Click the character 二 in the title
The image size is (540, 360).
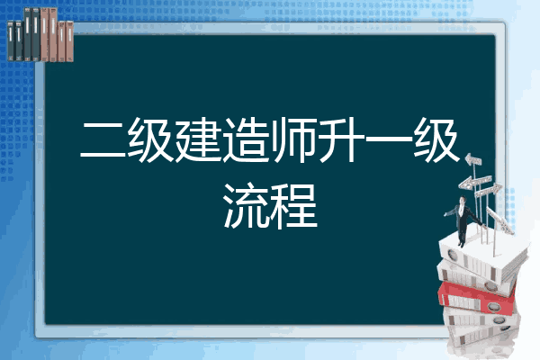(x=103, y=140)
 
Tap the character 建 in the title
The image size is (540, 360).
(x=198, y=139)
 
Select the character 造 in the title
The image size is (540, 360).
(x=246, y=139)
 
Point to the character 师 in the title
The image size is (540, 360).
(x=293, y=139)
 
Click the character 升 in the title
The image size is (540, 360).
(x=341, y=139)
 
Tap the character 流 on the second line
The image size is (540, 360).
(x=246, y=206)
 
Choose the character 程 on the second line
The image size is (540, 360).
(x=293, y=206)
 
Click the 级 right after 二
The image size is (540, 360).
(x=150, y=139)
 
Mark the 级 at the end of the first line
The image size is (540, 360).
(x=436, y=139)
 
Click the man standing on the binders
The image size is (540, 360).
(x=463, y=220)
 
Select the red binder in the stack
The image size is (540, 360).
(x=476, y=297)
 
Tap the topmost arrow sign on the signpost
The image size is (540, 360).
(x=473, y=159)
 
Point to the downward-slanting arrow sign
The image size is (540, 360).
(x=499, y=220)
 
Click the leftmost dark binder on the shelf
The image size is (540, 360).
(x=11, y=40)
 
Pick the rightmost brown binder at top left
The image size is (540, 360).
(x=69, y=41)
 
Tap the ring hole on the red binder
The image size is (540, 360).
(x=493, y=306)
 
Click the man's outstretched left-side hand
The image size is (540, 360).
(x=445, y=214)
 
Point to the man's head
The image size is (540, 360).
(x=462, y=200)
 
